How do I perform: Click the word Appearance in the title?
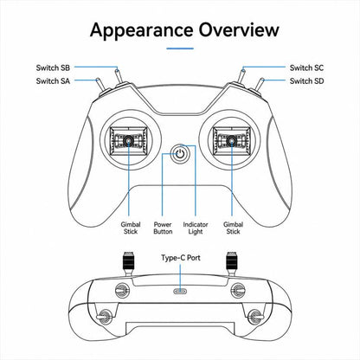pos(142,30)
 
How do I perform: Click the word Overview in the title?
pos(239,29)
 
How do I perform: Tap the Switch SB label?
pos(53,67)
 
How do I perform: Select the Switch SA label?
pos(53,81)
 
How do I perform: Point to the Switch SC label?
pos(306,67)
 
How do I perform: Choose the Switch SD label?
pos(306,81)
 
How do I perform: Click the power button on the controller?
pos(180,154)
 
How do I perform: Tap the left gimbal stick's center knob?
pos(128,140)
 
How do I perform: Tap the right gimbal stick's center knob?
pos(231,140)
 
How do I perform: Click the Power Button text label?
pos(163,228)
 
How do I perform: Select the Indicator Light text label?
pos(196,228)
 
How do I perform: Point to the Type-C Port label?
pos(181,258)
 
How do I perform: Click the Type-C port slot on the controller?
pos(180,291)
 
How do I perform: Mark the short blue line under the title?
pos(180,48)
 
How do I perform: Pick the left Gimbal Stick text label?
pos(131,228)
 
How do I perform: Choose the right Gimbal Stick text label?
pos(233,228)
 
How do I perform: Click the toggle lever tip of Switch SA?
pos(98,80)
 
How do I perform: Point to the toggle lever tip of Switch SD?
pos(262,80)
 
